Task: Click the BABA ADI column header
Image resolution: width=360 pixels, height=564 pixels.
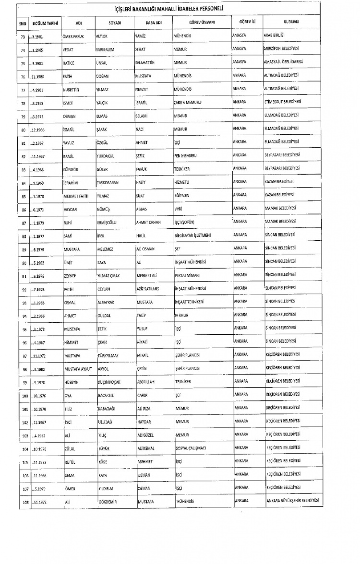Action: click(x=152, y=23)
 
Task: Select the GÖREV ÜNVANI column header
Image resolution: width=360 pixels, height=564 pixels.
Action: click(x=201, y=23)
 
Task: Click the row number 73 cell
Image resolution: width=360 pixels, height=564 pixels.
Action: click(x=23, y=36)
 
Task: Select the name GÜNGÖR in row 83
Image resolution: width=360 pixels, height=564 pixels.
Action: click(x=71, y=169)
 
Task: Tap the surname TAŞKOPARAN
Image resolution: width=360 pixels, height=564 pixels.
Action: click(x=110, y=182)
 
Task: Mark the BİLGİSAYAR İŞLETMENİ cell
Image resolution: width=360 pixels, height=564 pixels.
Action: click(x=192, y=235)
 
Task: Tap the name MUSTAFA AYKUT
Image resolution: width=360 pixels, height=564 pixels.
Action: click(x=77, y=368)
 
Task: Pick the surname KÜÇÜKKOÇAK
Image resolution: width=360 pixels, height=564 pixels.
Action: click(x=110, y=381)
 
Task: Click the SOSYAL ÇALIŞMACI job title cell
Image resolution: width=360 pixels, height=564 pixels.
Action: click(x=191, y=448)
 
